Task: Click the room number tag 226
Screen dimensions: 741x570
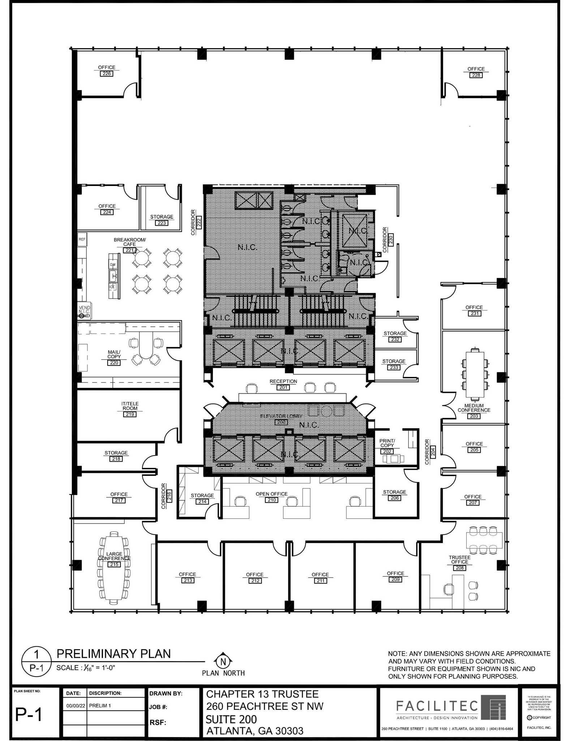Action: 107,73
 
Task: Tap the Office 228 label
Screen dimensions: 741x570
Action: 476,69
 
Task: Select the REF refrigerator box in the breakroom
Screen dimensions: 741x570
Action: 82,239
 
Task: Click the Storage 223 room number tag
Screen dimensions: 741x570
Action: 162,223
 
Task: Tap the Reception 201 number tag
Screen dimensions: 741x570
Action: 283,388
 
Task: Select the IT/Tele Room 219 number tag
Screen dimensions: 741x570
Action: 130,414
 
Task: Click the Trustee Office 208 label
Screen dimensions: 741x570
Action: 459,560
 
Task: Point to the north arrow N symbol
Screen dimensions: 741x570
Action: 223,662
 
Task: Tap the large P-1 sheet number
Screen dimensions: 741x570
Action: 29,715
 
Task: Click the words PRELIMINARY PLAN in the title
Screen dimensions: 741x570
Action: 113,654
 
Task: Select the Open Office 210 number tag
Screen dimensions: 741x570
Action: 271,500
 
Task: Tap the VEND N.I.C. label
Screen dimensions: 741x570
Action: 84,310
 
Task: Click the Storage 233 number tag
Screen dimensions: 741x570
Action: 394,367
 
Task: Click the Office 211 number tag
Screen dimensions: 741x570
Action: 320,581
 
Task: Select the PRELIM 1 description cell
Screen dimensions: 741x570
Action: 100,706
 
